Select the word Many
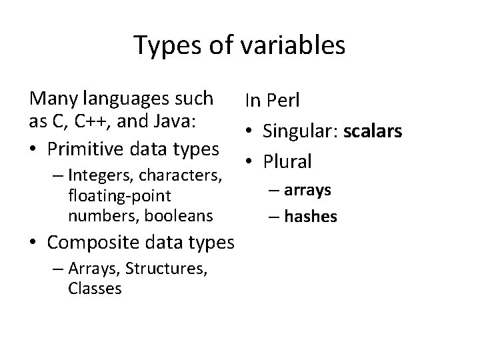51,99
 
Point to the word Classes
94,288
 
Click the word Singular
300,131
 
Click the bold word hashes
311,216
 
